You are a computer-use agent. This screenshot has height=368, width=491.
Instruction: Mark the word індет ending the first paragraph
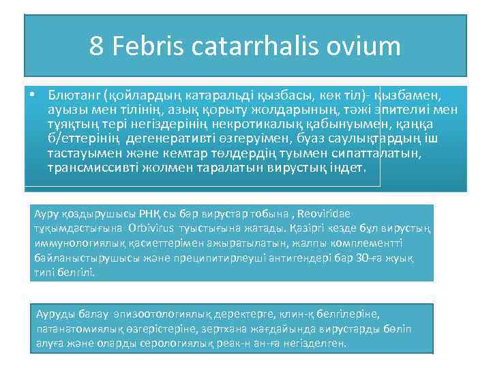coord(348,167)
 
